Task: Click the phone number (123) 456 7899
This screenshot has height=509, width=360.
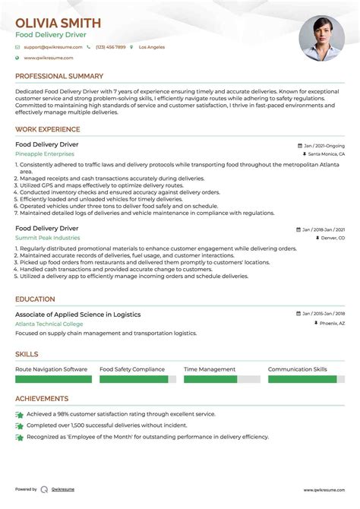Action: point(111,47)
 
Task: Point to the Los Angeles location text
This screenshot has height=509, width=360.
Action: point(151,47)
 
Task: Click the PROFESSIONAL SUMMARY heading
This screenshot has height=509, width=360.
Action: point(59,76)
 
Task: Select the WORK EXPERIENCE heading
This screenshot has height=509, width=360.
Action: point(49,129)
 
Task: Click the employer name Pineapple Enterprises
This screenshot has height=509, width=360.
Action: point(45,153)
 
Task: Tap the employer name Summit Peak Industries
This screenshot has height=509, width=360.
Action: point(47,238)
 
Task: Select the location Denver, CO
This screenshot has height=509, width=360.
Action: point(330,238)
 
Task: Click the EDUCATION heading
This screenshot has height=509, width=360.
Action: point(35,299)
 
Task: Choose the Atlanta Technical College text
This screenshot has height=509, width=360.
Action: point(50,324)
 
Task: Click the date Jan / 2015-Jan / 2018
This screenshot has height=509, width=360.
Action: point(322,315)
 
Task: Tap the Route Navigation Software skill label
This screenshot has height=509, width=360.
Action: point(51,369)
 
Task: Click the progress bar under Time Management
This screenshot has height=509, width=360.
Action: point(221,378)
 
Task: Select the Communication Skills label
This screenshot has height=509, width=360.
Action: point(298,369)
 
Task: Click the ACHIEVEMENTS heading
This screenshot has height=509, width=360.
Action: point(42,399)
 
